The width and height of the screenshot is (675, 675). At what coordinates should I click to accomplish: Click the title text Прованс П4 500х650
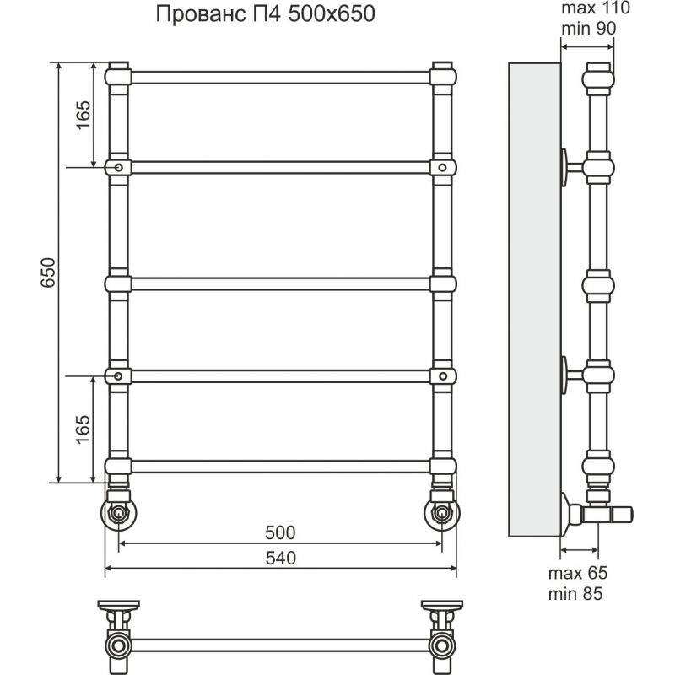[265, 13]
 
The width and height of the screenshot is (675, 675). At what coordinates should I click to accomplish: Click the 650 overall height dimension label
[48, 273]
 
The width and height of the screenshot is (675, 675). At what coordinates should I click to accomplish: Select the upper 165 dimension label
[83, 115]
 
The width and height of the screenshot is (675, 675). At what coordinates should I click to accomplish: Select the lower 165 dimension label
[83, 429]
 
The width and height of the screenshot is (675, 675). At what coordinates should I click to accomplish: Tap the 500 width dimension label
[280, 532]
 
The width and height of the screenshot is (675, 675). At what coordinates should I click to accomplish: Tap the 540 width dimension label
[281, 558]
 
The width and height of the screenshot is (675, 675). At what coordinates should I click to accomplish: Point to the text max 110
[596, 8]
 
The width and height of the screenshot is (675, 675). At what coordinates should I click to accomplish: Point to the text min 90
[588, 29]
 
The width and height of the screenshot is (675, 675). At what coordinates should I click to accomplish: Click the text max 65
[578, 573]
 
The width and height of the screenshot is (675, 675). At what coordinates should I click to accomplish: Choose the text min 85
[575, 594]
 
